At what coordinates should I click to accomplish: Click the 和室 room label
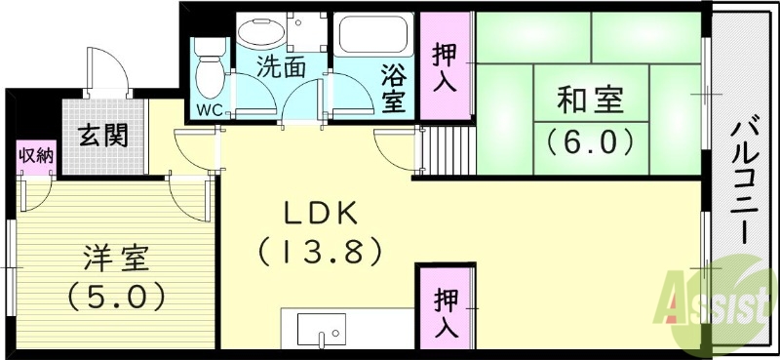[590, 100]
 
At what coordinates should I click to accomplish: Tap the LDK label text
[320, 213]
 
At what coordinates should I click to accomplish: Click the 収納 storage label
[36, 156]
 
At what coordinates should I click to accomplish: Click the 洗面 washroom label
[281, 67]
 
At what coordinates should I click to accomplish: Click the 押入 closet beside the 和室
[445, 67]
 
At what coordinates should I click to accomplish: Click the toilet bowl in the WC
[208, 68]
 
